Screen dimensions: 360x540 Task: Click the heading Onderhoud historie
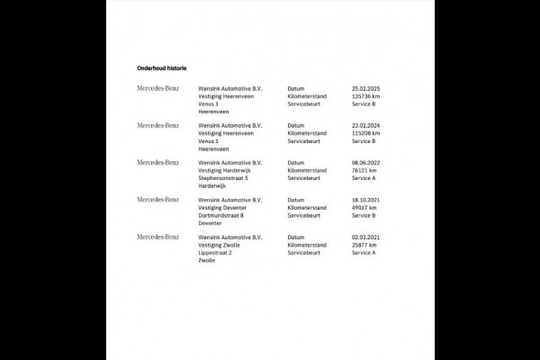click(x=161, y=67)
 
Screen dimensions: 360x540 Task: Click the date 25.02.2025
click(x=369, y=89)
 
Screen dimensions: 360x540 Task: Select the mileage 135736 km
click(x=369, y=96)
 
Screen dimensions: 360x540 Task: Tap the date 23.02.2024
click(x=369, y=126)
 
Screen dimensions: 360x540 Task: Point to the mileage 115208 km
click(x=369, y=133)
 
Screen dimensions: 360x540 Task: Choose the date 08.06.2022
click(x=369, y=163)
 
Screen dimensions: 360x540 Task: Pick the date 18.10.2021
click(x=369, y=200)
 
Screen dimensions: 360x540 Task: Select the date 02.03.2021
click(x=369, y=237)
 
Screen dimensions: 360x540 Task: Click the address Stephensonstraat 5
click(x=223, y=178)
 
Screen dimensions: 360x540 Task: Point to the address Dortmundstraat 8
click(x=221, y=215)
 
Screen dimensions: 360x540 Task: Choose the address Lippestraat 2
click(x=215, y=253)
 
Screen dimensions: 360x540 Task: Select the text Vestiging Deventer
click(x=223, y=207)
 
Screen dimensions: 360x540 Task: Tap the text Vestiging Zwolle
click(x=220, y=244)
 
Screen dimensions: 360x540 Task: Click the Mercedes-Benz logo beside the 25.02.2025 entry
click(x=158, y=88)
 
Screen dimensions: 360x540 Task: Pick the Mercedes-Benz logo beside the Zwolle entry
click(x=158, y=236)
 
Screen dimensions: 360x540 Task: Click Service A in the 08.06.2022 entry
click(x=364, y=178)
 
